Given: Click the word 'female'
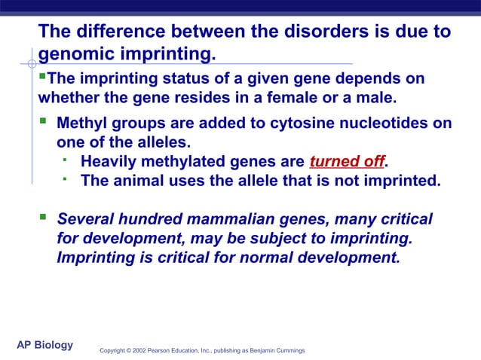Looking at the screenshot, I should pos(310,98).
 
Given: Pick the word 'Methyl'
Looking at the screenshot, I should pos(81,124).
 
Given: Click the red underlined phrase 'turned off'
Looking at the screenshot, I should pos(347,162).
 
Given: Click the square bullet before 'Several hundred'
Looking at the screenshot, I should pos(42,218).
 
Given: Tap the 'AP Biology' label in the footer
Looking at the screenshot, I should pos(45,345).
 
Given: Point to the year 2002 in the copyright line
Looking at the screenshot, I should pos(138,351).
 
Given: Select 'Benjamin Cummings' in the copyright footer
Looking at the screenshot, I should pos(276,351).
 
